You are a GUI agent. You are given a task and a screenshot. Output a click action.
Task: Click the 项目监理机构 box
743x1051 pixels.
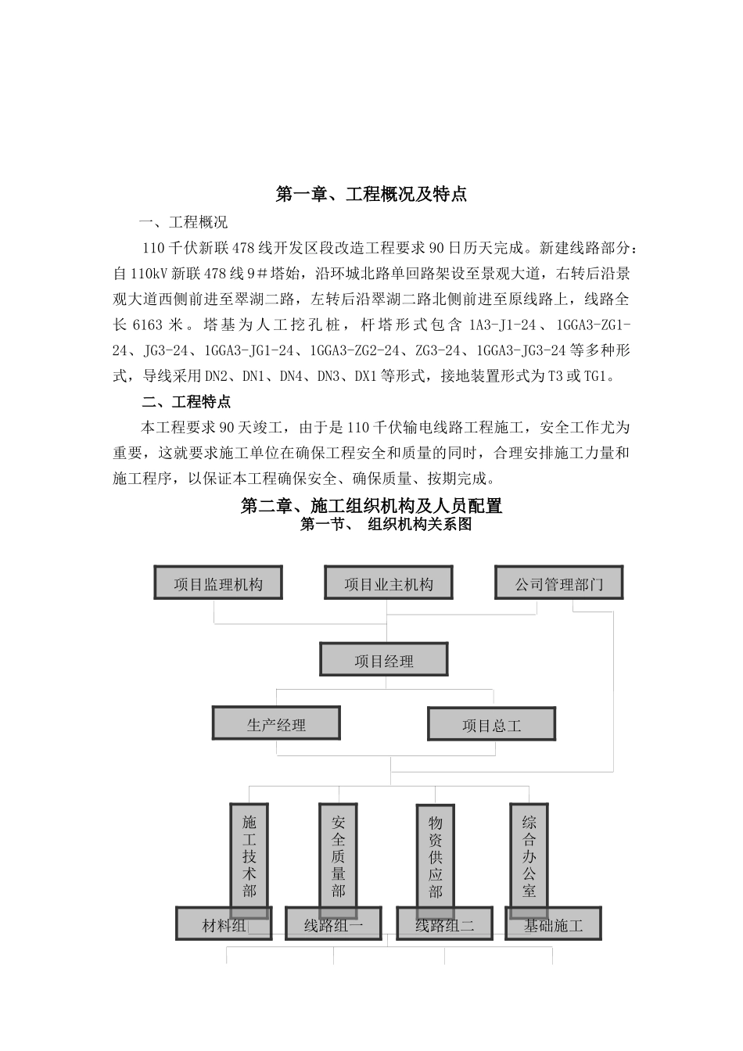coord(218,583)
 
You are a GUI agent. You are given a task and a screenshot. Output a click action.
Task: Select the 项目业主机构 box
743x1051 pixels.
coord(389,583)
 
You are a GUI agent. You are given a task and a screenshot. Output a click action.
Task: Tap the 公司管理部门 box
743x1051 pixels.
coord(559,583)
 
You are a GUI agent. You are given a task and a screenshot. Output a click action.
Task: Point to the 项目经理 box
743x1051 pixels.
coord(384,660)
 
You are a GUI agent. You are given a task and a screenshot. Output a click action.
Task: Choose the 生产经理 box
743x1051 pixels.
coord(276,723)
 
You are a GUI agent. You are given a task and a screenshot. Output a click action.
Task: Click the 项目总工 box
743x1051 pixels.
coord(491,724)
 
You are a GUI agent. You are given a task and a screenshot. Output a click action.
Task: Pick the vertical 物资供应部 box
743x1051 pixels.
coord(436,856)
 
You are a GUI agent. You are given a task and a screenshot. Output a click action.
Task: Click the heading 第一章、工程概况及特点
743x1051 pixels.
coord(371,195)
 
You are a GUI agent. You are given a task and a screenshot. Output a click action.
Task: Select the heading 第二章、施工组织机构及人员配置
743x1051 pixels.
coord(371,506)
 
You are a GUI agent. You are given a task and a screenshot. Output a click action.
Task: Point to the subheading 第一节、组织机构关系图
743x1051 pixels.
coord(386,525)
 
